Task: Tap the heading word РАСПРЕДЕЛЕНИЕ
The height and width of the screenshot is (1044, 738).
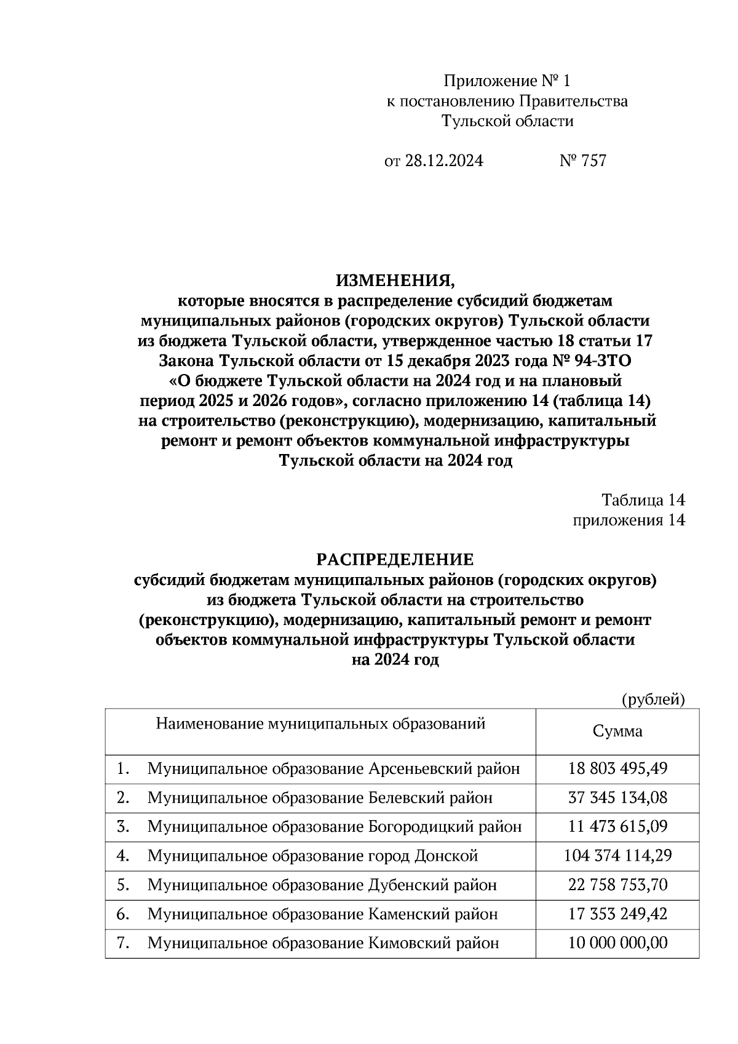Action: [x=395, y=559]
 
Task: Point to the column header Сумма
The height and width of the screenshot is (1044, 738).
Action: [x=617, y=731]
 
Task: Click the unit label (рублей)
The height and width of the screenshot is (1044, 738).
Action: [x=653, y=699]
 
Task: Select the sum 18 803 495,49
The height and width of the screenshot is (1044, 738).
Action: [x=617, y=769]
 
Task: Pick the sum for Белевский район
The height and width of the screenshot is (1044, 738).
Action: [x=617, y=798]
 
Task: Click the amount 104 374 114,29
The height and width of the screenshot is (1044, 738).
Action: [x=617, y=856]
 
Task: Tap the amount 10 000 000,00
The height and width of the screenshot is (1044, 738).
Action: [x=617, y=943]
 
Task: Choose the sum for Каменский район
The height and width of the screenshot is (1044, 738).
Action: [x=617, y=914]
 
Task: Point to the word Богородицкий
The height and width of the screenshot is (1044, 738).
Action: [x=422, y=827]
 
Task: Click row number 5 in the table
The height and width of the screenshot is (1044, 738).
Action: [x=122, y=885]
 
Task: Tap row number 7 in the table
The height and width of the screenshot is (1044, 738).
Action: [x=122, y=943]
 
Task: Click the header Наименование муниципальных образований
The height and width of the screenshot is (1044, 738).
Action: [x=320, y=724]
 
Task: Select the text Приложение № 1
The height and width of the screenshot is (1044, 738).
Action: [x=507, y=81]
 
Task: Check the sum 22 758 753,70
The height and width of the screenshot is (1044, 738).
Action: [x=617, y=885]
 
